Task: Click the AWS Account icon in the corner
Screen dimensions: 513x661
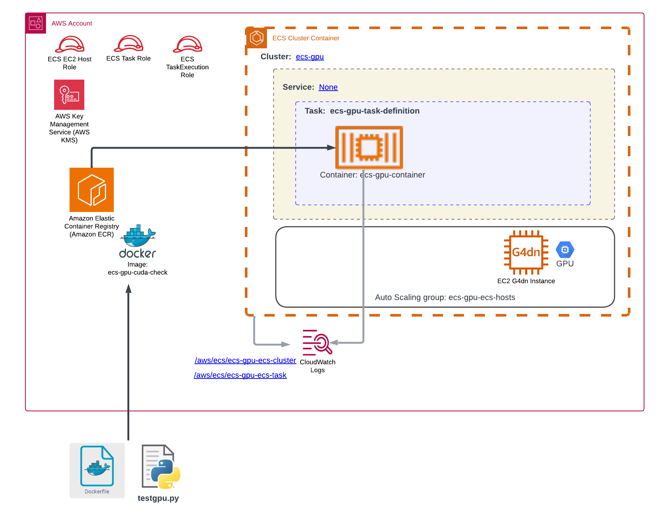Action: [35, 23]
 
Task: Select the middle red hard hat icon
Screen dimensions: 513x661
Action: [129, 44]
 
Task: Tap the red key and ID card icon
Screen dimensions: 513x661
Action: [69, 95]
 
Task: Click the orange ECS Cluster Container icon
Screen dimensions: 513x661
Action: [256, 38]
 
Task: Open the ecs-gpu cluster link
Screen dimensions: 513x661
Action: [310, 57]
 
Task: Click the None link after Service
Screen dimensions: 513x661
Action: [328, 87]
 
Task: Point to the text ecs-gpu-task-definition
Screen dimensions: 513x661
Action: [375, 111]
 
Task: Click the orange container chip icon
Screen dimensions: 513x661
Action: [369, 147]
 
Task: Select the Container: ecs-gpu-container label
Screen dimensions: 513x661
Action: [372, 175]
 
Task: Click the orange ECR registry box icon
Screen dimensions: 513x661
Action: [91, 190]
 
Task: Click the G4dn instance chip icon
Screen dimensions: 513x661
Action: [526, 252]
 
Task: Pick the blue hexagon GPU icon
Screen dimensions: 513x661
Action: [565, 250]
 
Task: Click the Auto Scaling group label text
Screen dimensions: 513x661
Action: [445, 297]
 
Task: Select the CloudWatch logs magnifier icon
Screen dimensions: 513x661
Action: [317, 342]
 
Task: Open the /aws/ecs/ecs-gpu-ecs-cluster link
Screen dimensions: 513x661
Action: [245, 360]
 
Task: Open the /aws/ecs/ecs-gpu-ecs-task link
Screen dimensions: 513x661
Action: [240, 375]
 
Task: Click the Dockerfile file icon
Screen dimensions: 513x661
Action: [97, 470]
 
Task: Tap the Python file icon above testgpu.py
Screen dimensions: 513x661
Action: [157, 466]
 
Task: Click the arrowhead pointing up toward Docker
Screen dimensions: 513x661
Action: [129, 288]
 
